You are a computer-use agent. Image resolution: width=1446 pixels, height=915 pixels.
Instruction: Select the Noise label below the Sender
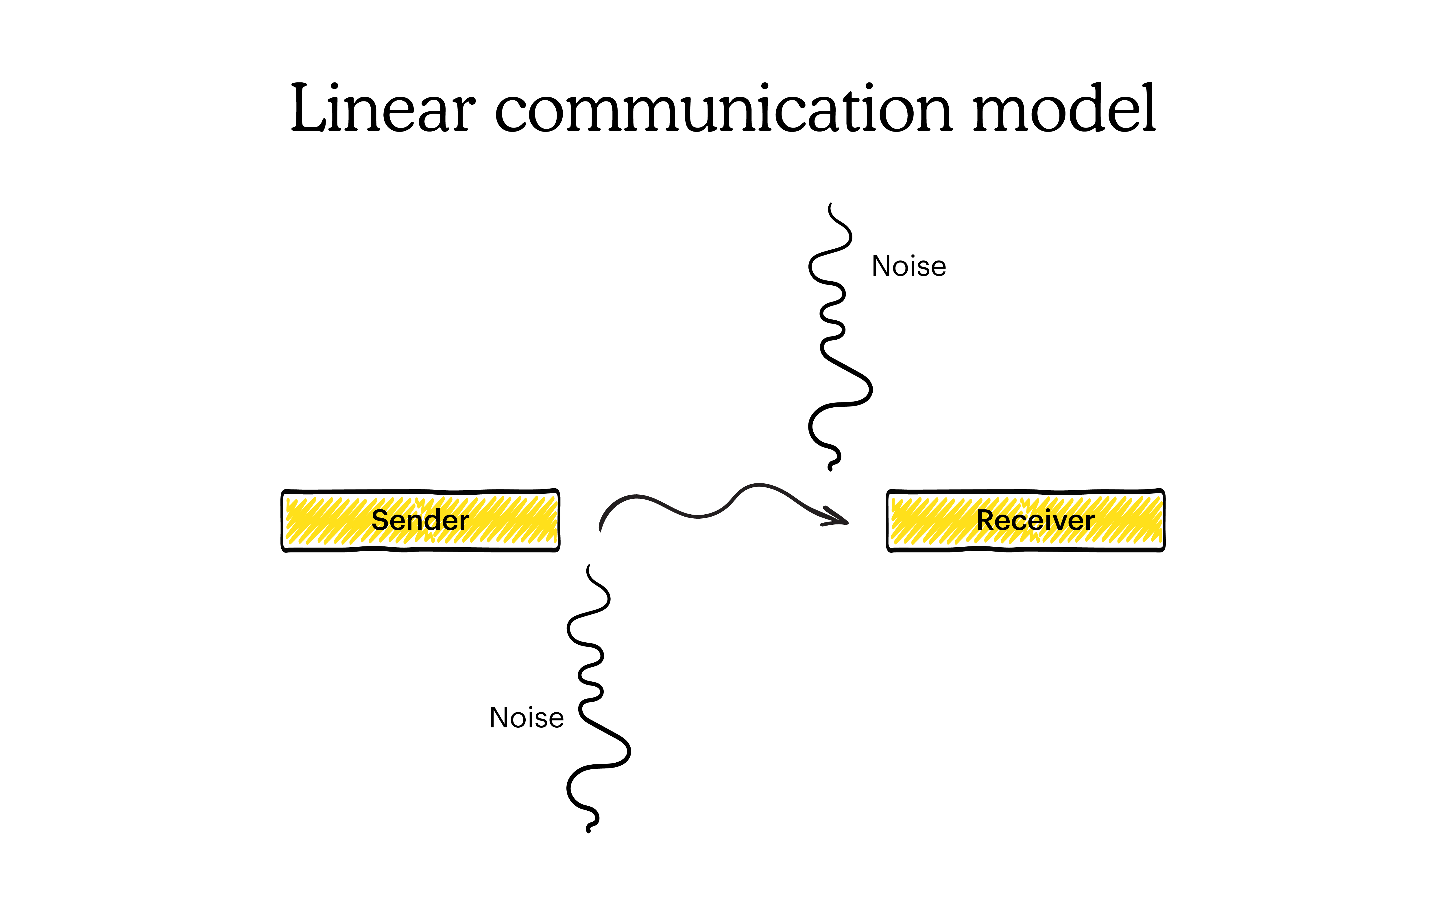point(527,718)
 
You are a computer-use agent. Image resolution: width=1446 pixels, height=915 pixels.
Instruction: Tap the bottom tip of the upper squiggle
point(830,469)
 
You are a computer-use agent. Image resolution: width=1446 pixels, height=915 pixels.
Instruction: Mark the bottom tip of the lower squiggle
point(589,831)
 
